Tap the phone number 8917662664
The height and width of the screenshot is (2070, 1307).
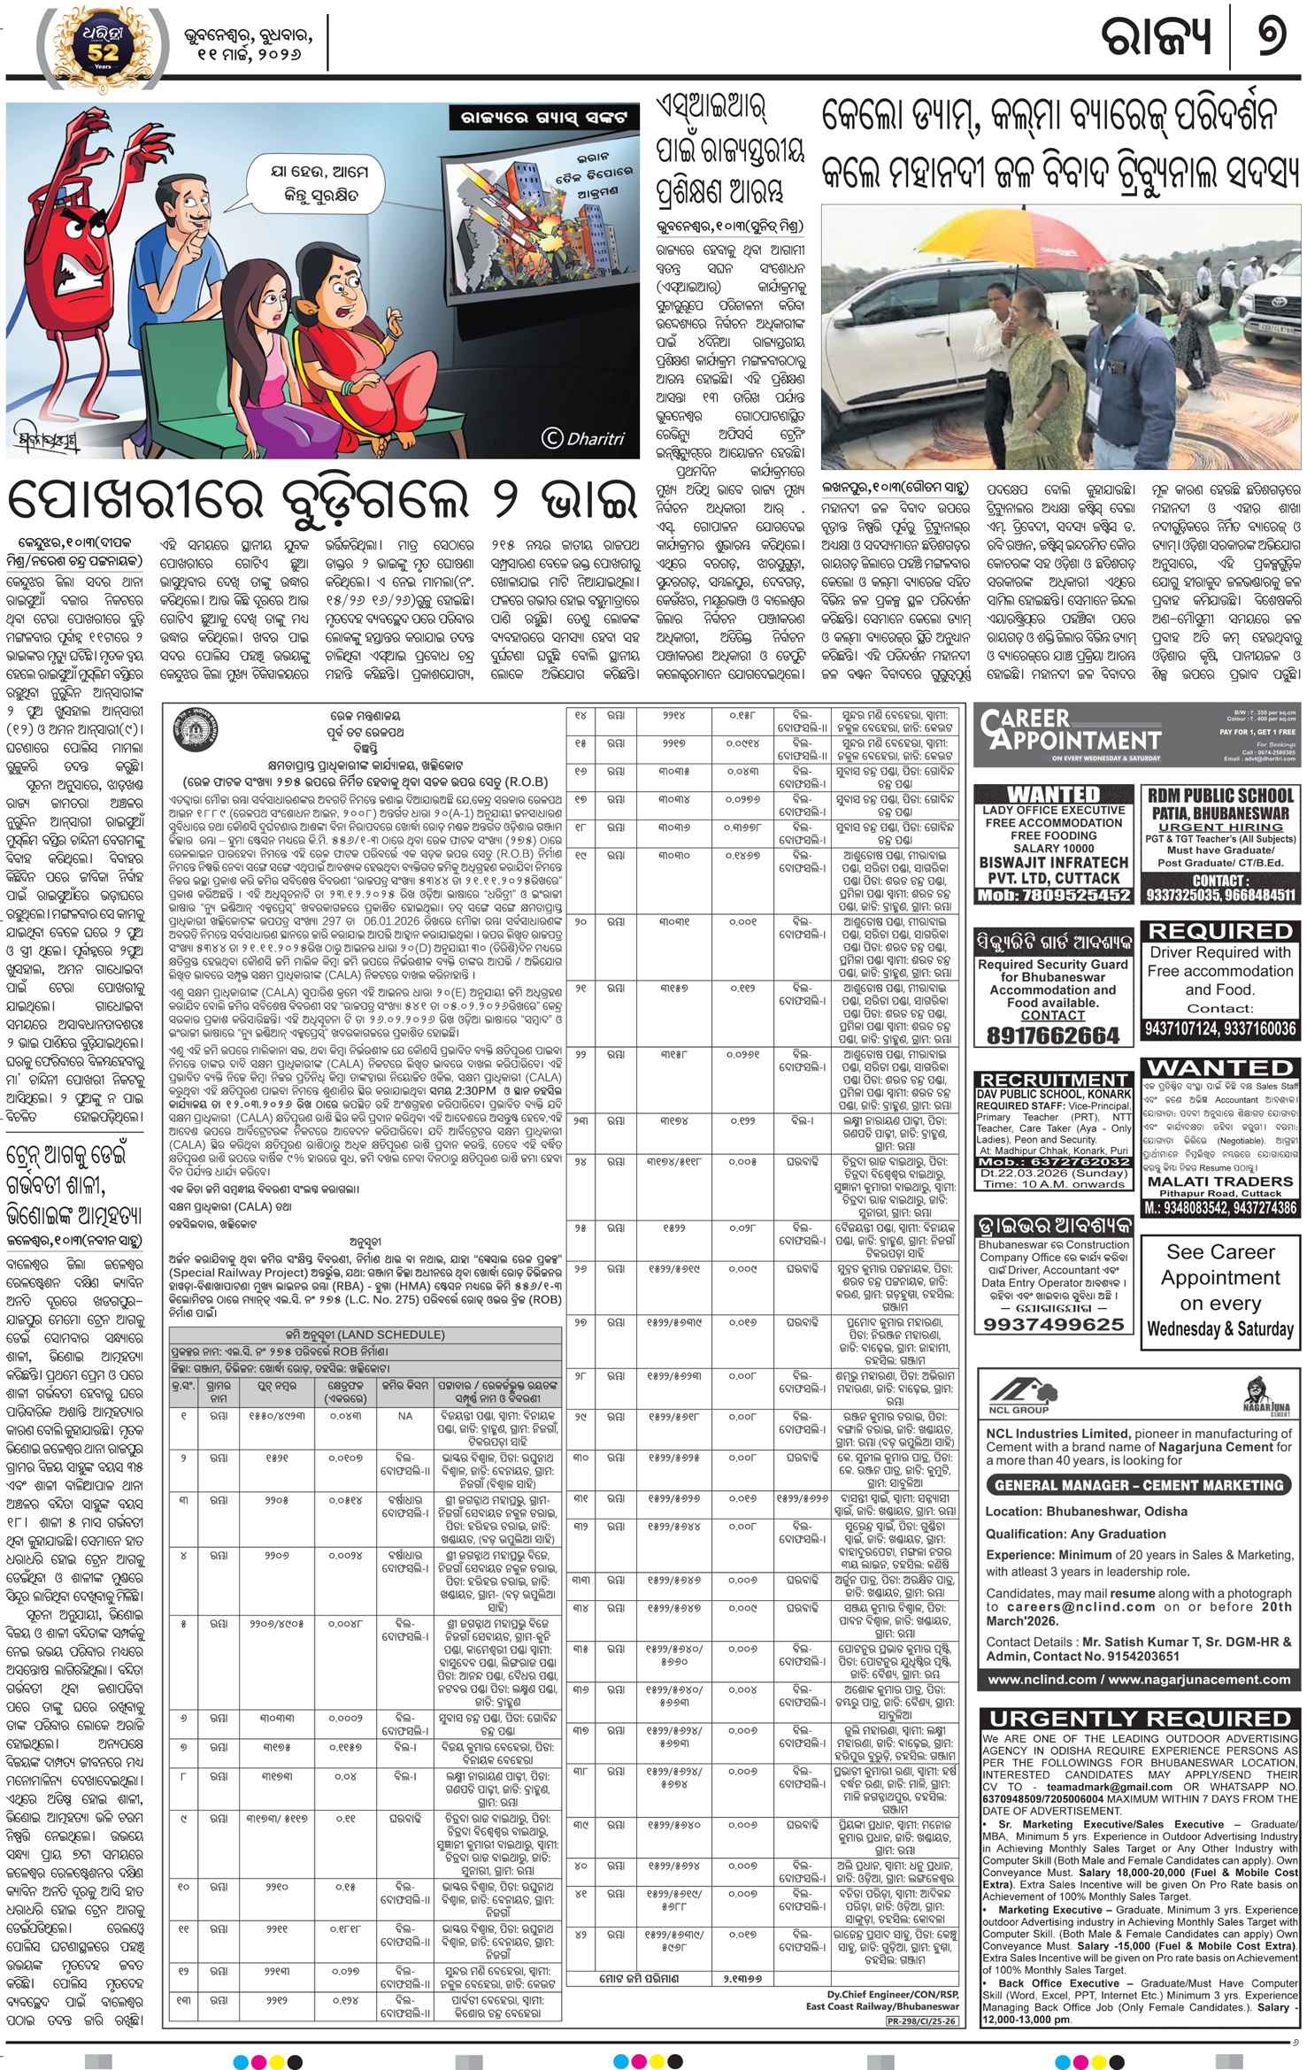pos(1052,1035)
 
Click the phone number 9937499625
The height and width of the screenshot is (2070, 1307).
pos(1052,1324)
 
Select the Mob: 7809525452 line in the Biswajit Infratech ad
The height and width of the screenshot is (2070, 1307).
pos(1053,895)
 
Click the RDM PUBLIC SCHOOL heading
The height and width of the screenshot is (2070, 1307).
pos(1220,795)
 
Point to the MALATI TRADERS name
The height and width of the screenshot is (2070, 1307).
pos(1220,1181)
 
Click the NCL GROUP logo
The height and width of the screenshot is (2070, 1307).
pos(1018,1394)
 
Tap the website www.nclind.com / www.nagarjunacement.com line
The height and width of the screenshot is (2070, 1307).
pos(1138,1679)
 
